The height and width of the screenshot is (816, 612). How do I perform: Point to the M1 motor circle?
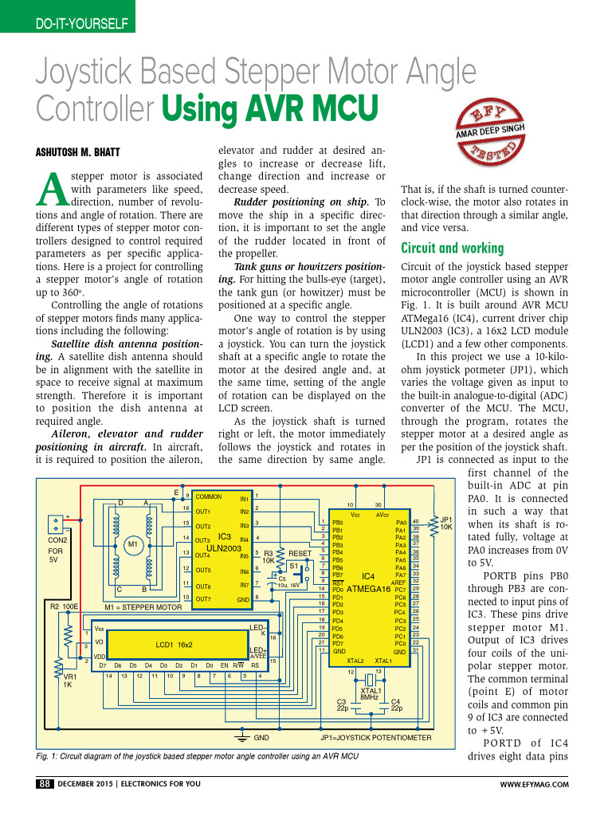133,544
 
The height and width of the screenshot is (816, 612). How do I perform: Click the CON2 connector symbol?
56,524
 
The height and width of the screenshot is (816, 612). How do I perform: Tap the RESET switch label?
300,552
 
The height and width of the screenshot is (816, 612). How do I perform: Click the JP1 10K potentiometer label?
446,522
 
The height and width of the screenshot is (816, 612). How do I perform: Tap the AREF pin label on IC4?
398,583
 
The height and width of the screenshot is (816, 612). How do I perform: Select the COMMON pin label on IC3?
209,496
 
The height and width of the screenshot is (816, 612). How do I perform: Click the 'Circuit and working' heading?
452,247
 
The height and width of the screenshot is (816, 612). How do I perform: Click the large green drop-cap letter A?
51,188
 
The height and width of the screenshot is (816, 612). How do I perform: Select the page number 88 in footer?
44,784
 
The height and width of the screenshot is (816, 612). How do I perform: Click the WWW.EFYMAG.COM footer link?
534,785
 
